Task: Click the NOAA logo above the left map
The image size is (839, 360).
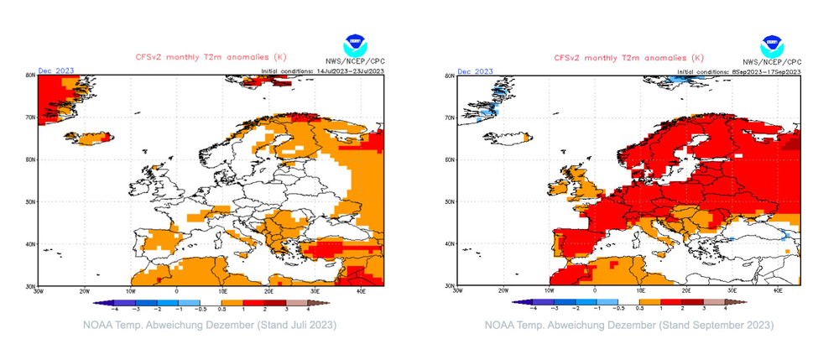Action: tap(355, 45)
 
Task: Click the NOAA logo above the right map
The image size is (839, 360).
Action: tap(771, 45)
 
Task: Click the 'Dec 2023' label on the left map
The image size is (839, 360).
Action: tap(57, 70)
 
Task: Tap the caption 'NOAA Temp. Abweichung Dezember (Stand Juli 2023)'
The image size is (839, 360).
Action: tap(209, 325)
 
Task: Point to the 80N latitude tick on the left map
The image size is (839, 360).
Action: tap(30, 76)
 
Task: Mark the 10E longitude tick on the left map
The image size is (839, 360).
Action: tap(222, 291)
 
